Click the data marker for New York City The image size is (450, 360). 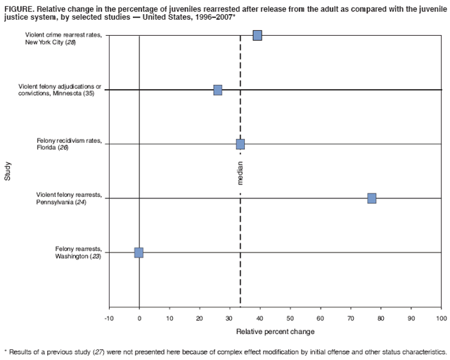coord(257,35)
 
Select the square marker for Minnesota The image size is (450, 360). coord(218,90)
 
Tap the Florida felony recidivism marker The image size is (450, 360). coord(240,144)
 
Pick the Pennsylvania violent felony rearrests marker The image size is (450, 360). coord(371,198)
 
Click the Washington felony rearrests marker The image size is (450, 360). coord(139,252)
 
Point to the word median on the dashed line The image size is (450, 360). coord(241,172)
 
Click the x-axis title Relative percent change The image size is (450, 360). coord(275,331)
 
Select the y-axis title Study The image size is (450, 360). coord(8,172)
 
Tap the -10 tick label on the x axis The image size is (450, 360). coord(109,319)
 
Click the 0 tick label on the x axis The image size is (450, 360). coord(139,319)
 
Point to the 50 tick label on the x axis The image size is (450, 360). coord(290,319)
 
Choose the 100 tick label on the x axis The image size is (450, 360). coord(441,319)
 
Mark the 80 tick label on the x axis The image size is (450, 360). coord(380,319)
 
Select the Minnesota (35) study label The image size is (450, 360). coord(60,90)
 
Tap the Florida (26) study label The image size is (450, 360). coord(69,144)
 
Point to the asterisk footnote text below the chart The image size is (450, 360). coord(225,351)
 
